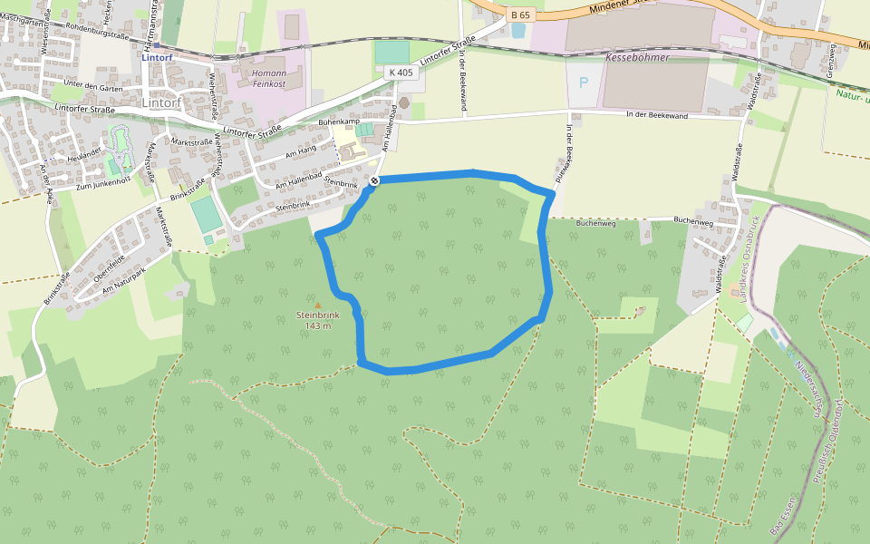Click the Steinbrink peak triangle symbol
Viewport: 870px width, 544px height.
click(x=317, y=305)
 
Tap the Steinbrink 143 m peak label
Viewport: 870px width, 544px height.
click(x=317, y=320)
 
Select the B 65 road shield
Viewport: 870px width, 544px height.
click(x=519, y=15)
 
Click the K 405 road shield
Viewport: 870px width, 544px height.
click(x=400, y=72)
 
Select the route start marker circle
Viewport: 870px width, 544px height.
click(x=373, y=181)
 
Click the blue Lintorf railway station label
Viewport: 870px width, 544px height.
click(x=156, y=55)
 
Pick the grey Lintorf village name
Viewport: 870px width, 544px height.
click(x=162, y=102)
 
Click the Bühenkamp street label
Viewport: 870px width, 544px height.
click(x=340, y=121)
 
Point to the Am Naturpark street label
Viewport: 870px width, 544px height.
click(x=124, y=277)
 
